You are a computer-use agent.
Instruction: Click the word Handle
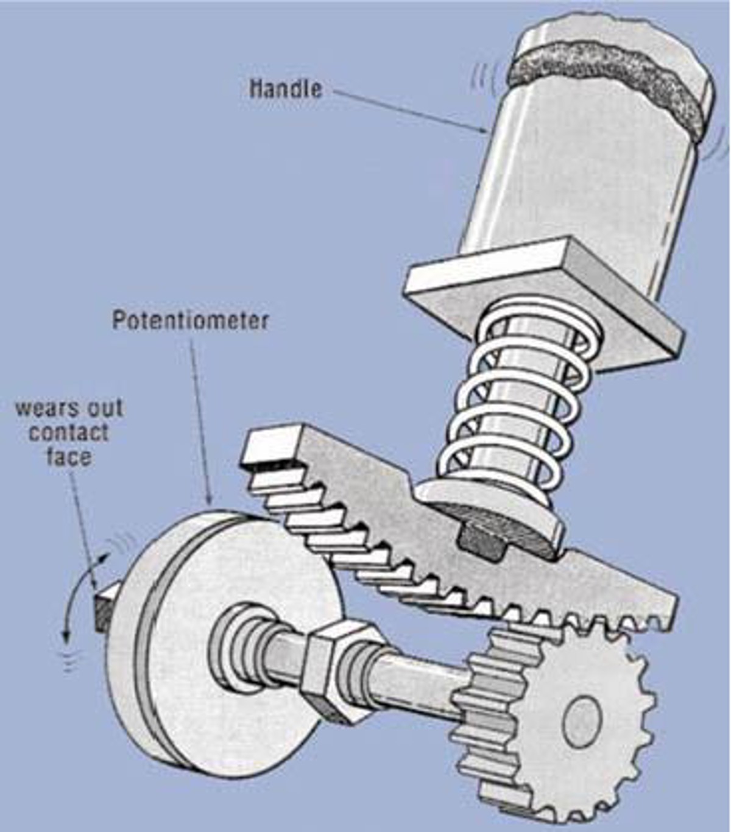[286, 88]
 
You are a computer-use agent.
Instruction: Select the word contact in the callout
[69, 432]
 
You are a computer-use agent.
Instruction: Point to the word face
[69, 456]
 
